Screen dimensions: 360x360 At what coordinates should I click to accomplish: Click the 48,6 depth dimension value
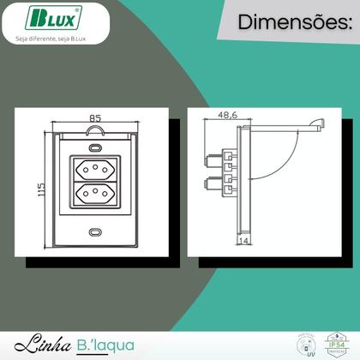(x=228, y=113)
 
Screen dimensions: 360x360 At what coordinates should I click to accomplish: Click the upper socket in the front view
(x=94, y=168)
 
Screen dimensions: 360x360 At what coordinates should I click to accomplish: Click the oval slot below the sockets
(x=94, y=231)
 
